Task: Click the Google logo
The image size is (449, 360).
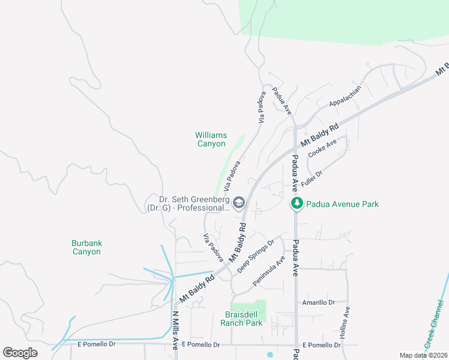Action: (20, 353)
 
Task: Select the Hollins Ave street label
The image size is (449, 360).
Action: (346, 323)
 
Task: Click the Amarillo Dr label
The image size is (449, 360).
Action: (318, 303)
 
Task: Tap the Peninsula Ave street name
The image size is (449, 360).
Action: (268, 271)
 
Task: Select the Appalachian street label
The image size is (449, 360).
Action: (345, 96)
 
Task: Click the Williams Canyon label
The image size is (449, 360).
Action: (211, 139)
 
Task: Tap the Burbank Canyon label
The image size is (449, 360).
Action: (86, 247)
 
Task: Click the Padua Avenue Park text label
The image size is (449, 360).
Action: (342, 204)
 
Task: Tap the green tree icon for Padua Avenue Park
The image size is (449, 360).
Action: (297, 204)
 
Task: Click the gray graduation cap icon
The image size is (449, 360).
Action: (239, 203)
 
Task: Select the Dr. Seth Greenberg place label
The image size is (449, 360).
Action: (187, 204)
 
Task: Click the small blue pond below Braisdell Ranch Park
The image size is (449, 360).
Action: (270, 354)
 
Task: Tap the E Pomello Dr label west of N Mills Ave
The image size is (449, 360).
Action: (96, 344)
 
